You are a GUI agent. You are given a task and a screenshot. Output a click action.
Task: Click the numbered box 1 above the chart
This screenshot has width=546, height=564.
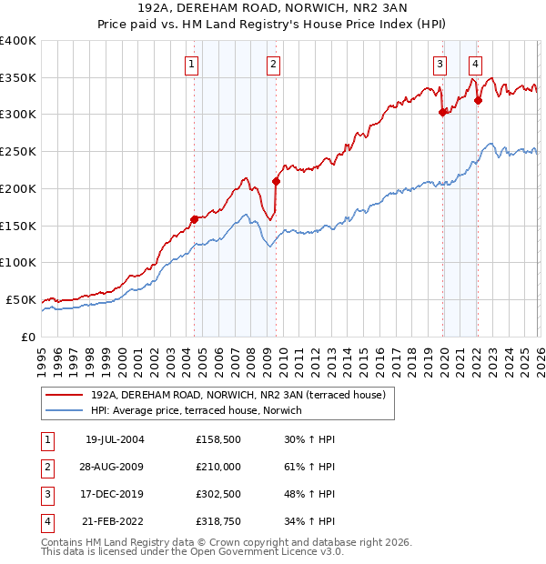pyautogui.click(x=193, y=64)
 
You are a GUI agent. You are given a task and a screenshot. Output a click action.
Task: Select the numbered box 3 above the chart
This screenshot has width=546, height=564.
pyautogui.click(x=440, y=64)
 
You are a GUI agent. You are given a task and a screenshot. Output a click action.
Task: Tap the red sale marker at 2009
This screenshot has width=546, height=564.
pyautogui.click(x=276, y=181)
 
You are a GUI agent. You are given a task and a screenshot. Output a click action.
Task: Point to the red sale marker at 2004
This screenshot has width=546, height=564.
pyautogui.click(x=194, y=219)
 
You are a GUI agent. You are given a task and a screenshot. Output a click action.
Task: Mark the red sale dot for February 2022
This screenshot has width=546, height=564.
pyautogui.click(x=478, y=101)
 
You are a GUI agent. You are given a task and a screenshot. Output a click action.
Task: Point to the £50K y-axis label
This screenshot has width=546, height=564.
pyautogui.click(x=21, y=299)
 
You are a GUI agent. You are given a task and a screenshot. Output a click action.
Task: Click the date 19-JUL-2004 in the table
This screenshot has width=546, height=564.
pyautogui.click(x=115, y=439)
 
